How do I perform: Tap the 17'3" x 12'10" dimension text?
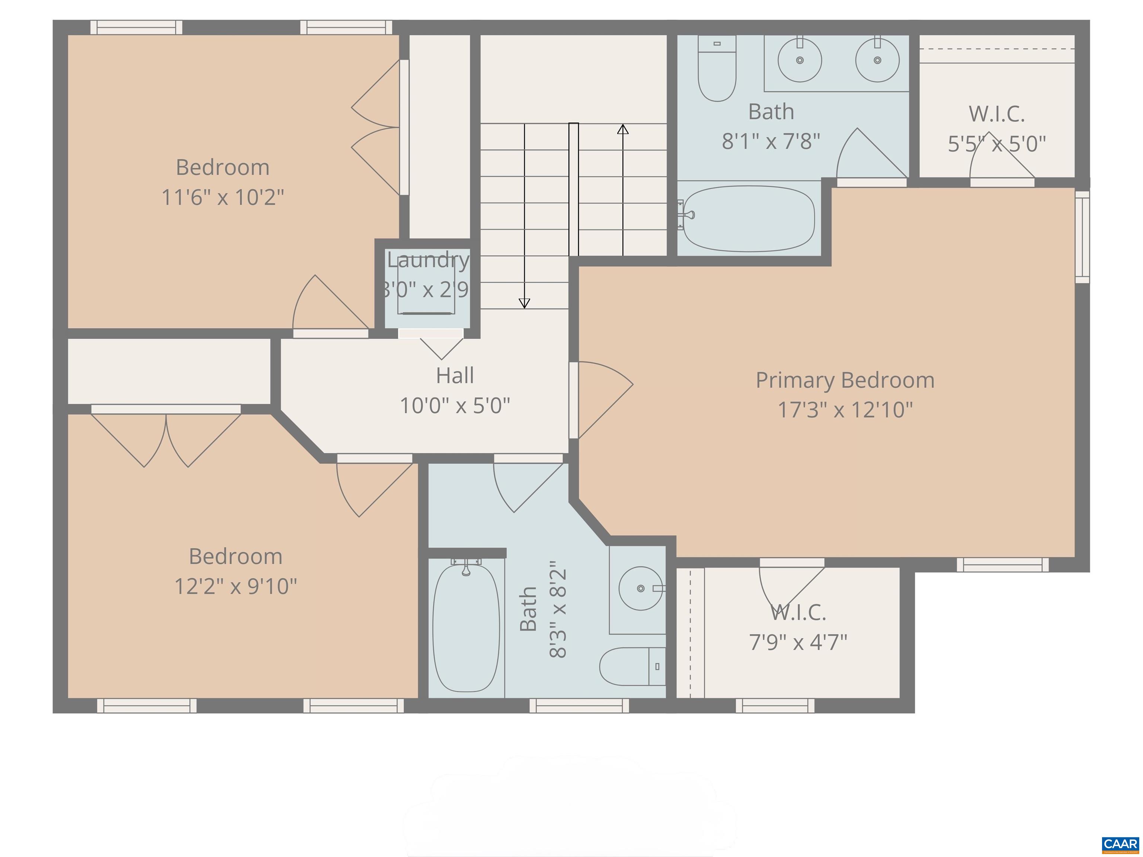(x=845, y=410)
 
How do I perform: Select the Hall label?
(x=455, y=376)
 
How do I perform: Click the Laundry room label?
(x=428, y=260)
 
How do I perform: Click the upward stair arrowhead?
(x=622, y=129)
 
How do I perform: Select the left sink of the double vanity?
(x=799, y=60)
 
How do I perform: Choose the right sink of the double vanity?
(x=877, y=60)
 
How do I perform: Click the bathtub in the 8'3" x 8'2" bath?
(x=465, y=627)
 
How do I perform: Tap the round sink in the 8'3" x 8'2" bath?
(x=640, y=588)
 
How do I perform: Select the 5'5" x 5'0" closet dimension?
(x=996, y=144)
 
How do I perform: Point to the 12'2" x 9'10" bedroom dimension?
(x=236, y=586)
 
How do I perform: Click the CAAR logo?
(x=1120, y=844)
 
